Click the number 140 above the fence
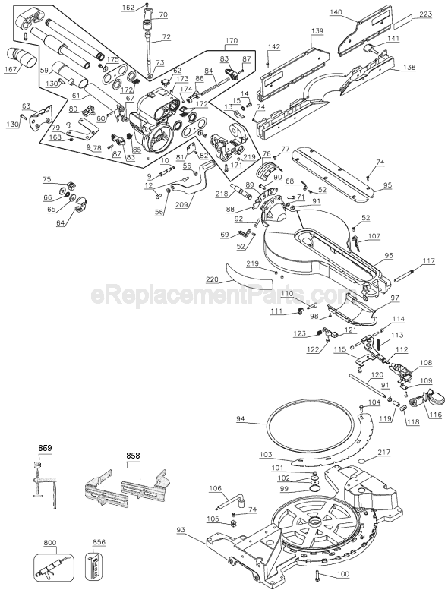[x=336, y=12]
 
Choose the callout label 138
[x=409, y=68]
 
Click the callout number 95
[x=387, y=185]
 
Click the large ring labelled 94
[x=311, y=421]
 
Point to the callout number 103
[x=265, y=454]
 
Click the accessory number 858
[x=134, y=456]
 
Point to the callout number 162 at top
[x=127, y=8]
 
